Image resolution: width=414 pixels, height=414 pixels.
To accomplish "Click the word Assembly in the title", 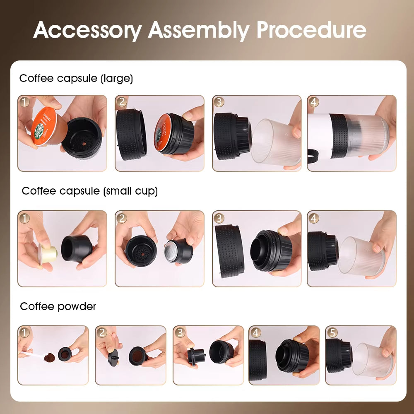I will point(199,30).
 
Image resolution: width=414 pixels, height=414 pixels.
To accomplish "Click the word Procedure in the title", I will point(311,30).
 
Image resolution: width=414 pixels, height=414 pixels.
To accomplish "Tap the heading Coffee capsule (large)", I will point(76,78).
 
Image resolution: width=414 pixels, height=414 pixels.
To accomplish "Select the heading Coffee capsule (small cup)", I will point(90,191).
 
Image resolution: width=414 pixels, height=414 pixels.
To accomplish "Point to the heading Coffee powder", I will point(58,306).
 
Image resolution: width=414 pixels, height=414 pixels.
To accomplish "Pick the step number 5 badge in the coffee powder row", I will point(332,332).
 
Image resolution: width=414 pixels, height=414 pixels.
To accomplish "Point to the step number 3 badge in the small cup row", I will point(219,218).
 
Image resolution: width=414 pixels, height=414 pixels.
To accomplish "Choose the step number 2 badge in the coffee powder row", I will point(102,332).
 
